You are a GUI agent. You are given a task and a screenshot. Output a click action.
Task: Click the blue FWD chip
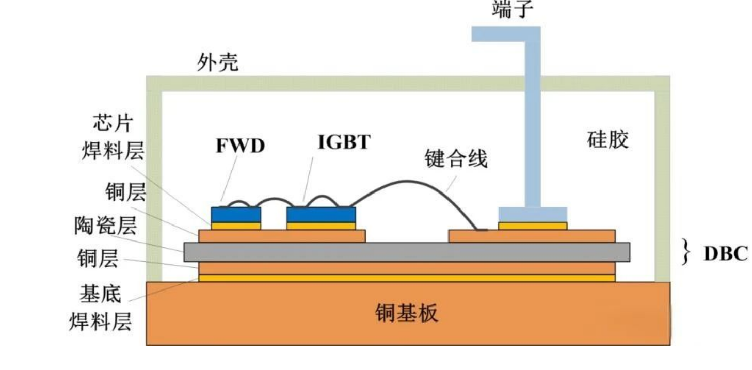(236, 215)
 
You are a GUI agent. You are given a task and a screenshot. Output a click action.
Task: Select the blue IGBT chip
(321, 215)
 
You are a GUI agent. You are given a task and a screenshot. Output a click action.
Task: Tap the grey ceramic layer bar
(407, 252)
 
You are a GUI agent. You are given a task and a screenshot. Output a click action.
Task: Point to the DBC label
(725, 254)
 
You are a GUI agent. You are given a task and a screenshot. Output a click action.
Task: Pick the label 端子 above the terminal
(513, 9)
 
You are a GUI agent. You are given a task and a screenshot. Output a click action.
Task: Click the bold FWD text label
(240, 146)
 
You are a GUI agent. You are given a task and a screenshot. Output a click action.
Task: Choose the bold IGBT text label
(344, 141)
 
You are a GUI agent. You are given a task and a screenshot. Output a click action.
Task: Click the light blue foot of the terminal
(532, 214)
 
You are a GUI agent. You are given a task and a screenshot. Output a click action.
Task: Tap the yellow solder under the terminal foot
(532, 226)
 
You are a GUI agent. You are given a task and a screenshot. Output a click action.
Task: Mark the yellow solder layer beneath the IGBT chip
(321, 226)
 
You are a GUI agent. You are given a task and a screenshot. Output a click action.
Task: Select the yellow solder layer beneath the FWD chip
(236, 226)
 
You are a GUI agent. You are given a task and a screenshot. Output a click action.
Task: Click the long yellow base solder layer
(407, 278)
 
